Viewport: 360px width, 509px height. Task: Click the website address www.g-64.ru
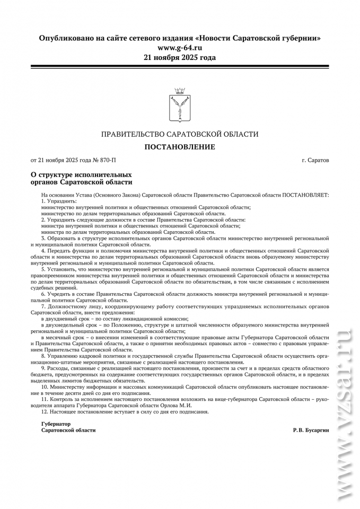pos(180,48)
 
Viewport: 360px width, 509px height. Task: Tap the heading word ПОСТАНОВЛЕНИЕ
pos(180,146)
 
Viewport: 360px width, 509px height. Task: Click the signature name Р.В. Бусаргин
pos(311,430)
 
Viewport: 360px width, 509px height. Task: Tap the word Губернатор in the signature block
pos(56,424)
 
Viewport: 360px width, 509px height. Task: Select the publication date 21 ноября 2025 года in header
pos(180,57)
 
